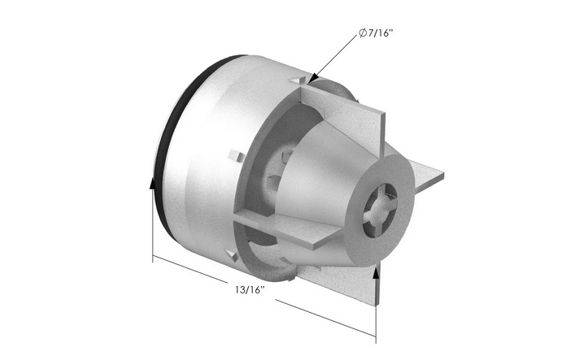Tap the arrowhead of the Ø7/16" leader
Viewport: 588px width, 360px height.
pos(313,79)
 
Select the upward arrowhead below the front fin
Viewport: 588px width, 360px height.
pos(376,272)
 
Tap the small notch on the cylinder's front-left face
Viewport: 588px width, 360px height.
pos(236,154)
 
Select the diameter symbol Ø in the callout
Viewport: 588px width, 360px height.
pos(361,34)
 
